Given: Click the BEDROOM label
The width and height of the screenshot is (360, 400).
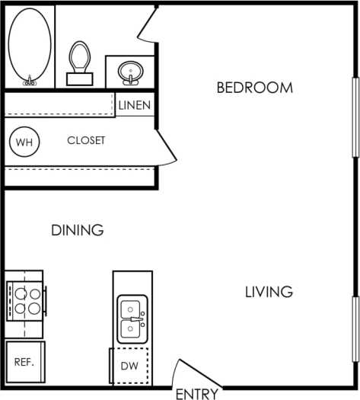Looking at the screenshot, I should (x=254, y=88).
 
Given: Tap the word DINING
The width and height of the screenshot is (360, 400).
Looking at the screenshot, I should (x=77, y=230).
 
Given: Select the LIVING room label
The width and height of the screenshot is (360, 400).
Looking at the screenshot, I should (x=269, y=292).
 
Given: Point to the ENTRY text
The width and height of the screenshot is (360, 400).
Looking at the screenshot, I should (x=197, y=394).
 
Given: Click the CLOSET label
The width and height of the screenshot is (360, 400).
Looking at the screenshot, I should (x=86, y=141).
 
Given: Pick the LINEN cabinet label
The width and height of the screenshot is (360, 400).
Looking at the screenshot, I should (x=135, y=105).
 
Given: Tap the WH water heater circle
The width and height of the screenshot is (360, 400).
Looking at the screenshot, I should (x=24, y=142).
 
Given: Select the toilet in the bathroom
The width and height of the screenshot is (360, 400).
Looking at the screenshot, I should (x=79, y=61).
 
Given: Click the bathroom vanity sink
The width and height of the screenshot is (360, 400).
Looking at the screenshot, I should (x=131, y=72).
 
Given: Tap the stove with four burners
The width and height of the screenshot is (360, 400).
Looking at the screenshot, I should (x=25, y=300).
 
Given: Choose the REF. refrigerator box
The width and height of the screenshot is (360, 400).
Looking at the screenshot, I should (x=24, y=361).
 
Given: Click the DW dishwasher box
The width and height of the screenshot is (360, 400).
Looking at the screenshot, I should (x=129, y=366).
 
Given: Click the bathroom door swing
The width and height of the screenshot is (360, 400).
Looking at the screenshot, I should (x=148, y=27).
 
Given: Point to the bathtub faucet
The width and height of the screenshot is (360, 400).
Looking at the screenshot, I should (x=30, y=79).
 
